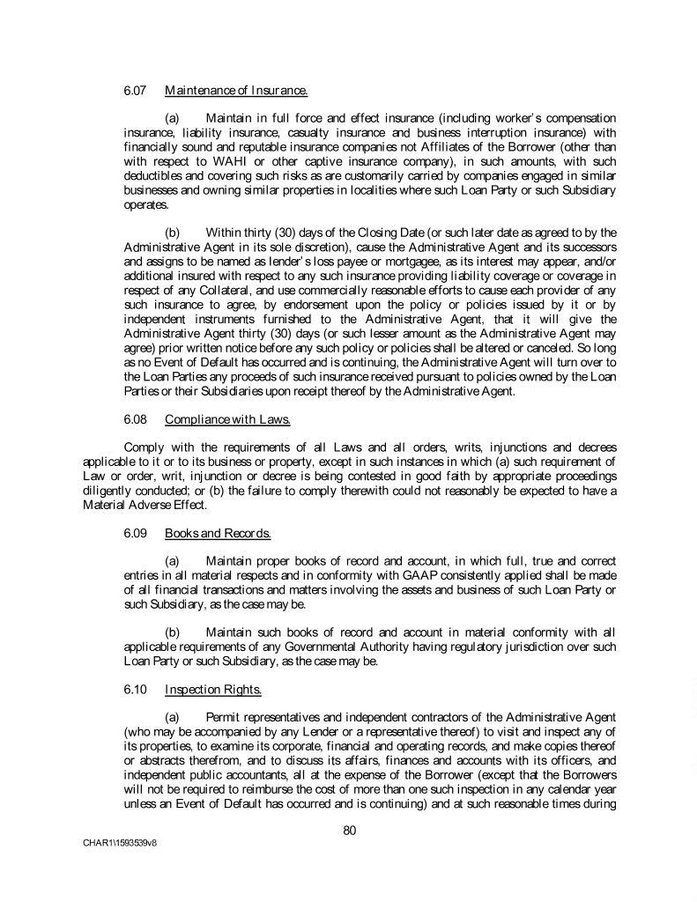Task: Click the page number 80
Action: [x=349, y=827]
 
